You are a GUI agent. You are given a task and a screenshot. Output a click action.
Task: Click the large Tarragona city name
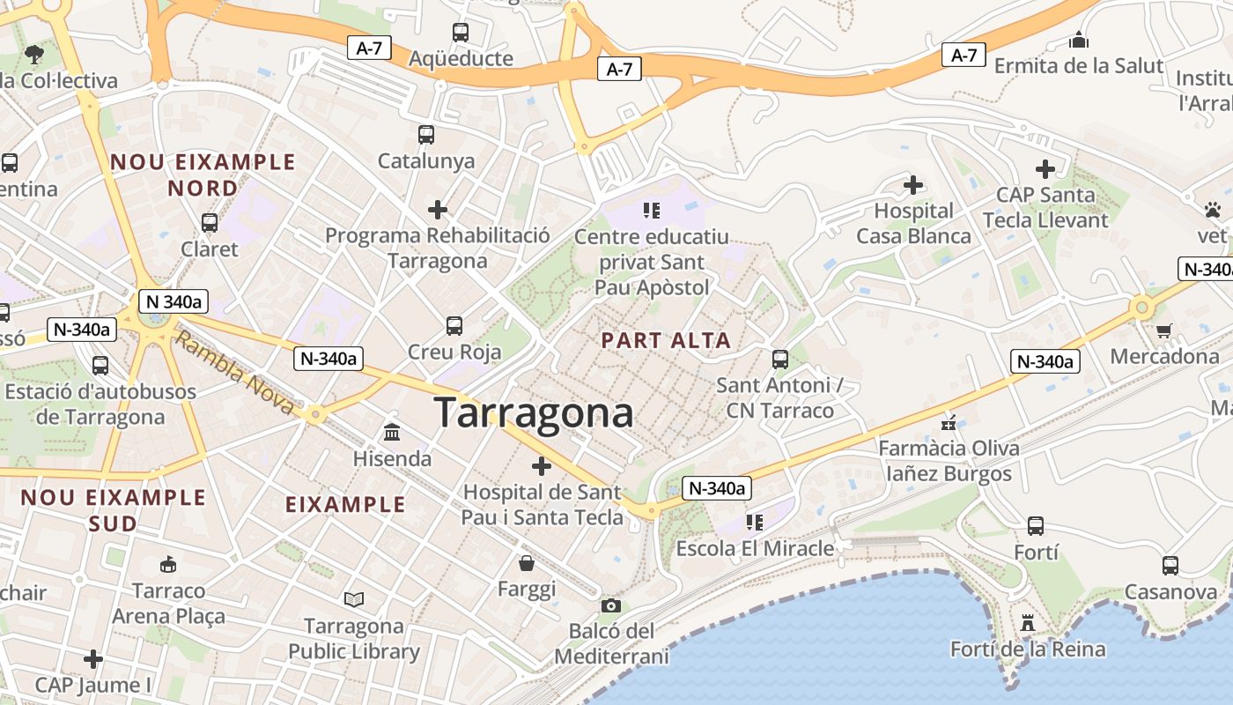(534, 412)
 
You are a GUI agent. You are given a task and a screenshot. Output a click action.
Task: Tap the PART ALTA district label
(666, 340)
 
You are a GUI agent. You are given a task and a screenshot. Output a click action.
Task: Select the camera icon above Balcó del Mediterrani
(610, 605)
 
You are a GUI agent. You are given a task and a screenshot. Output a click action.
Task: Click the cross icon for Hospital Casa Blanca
(913, 185)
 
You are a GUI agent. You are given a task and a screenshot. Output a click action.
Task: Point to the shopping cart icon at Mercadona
(1164, 330)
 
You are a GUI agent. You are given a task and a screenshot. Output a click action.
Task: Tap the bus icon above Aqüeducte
(460, 33)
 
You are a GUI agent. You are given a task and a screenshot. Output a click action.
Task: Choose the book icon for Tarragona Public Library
(354, 600)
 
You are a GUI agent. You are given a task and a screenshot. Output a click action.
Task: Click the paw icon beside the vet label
(1213, 210)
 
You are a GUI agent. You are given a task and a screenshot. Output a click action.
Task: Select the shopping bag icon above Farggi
(527, 562)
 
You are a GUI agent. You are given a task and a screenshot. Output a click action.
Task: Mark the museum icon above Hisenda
(392, 433)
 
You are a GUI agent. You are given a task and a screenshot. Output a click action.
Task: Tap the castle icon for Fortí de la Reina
(1027, 623)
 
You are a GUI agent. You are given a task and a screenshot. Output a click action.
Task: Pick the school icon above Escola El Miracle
(754, 522)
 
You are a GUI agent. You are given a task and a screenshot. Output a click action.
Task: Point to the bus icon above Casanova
(1170, 565)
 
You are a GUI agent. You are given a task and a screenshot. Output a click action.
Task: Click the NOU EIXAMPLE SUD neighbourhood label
(113, 510)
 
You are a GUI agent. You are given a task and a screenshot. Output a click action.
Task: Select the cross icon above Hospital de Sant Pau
(542, 466)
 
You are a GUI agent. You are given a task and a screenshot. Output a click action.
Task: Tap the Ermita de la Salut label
(1078, 65)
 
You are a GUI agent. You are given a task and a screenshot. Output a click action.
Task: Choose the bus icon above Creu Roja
(454, 326)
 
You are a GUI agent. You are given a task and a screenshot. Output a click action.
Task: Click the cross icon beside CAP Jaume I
(93, 658)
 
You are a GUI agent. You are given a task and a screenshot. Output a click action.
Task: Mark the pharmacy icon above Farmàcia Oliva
(949, 422)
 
